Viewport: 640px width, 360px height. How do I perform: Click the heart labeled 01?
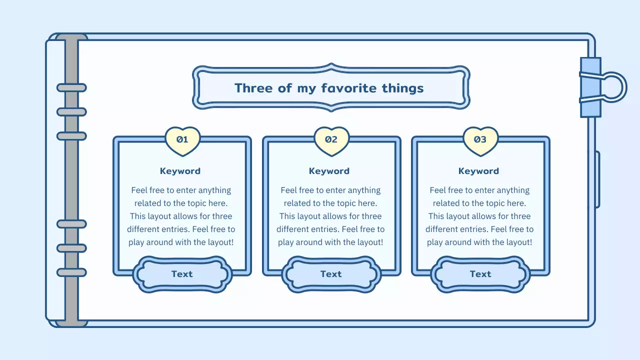[182, 140]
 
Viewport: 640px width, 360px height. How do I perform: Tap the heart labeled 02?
[331, 140]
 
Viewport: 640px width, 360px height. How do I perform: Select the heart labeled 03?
[480, 140]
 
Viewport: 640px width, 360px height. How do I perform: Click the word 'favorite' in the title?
[349, 88]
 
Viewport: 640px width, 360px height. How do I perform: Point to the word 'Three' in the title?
[253, 88]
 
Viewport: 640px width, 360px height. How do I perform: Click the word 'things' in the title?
[402, 88]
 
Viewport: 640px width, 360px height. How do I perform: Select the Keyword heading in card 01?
[180, 171]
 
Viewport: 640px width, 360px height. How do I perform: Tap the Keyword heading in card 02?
[329, 171]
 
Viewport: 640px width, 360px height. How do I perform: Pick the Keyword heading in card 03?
[478, 171]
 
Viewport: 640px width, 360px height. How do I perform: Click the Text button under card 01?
[182, 274]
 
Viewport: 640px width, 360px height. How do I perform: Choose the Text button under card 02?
[331, 274]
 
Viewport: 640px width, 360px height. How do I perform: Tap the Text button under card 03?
[480, 274]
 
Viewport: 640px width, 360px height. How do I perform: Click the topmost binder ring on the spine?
[71, 88]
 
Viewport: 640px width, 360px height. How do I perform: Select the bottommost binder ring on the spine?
[71, 272]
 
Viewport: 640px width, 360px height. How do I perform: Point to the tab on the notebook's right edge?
[597, 179]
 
